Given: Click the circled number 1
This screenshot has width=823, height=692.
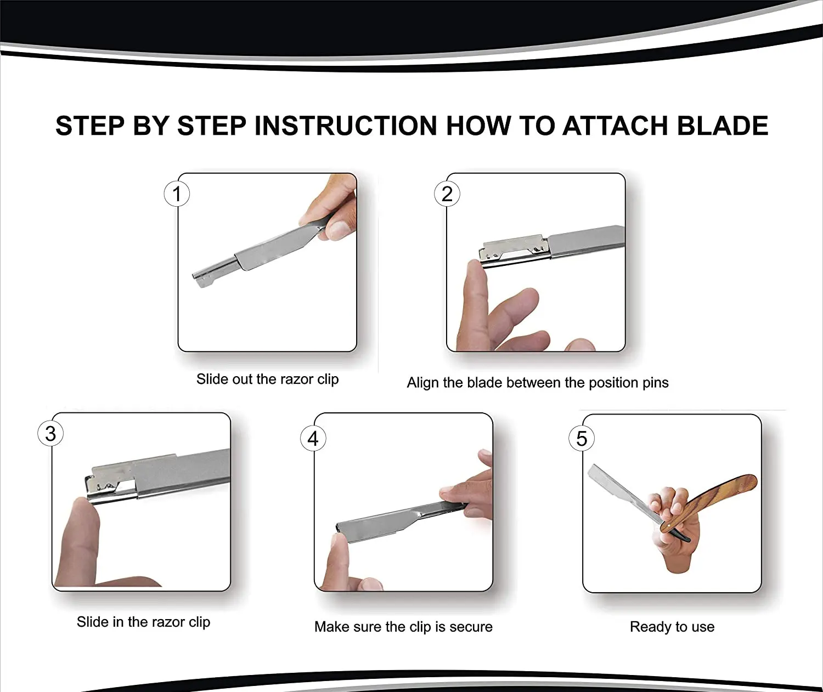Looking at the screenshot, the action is (x=177, y=194).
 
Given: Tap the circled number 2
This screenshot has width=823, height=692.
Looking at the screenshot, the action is (x=447, y=194).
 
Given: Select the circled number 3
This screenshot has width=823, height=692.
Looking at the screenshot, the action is (x=50, y=433).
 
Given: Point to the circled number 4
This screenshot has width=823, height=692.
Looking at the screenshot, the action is (x=313, y=438).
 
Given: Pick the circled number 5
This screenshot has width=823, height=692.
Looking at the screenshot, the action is (x=582, y=438).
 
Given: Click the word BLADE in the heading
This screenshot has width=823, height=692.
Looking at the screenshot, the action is (x=722, y=126).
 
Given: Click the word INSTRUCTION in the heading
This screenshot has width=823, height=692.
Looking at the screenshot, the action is (x=346, y=126).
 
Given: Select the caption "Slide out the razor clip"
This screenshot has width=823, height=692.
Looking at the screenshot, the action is (x=268, y=379).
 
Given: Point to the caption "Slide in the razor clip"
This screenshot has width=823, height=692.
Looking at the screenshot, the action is (x=143, y=622).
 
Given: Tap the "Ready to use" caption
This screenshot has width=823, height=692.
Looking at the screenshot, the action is (x=672, y=627).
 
